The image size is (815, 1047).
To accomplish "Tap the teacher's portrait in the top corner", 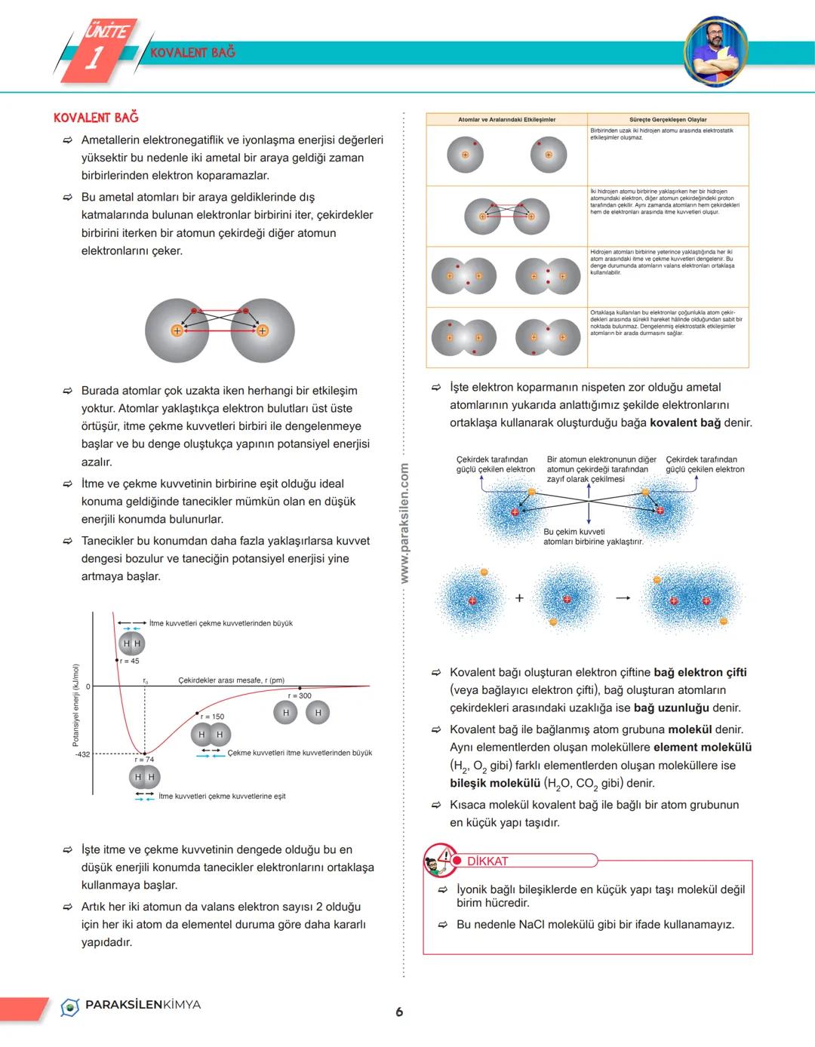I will point(715,50).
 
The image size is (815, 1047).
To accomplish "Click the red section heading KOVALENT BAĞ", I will point(96,118).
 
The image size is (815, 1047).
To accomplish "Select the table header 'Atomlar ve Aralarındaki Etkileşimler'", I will point(506,119).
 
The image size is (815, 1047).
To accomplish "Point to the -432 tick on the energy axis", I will point(81,754).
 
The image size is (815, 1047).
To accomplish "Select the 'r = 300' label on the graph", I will point(300,695).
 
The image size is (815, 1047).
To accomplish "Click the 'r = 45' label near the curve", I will point(129,661).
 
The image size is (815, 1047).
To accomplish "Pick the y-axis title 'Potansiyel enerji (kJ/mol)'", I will point(75,705).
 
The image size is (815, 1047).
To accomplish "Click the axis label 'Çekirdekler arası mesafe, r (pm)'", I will point(231,680).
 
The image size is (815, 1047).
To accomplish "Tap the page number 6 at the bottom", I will point(399,1012).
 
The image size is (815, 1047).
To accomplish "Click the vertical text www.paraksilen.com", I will point(404,523).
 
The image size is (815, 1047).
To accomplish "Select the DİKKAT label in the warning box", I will point(487,861).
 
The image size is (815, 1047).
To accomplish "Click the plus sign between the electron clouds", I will point(519,598).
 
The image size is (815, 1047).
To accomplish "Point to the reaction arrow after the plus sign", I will point(622,598).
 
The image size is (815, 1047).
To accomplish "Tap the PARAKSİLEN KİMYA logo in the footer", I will point(131,1006).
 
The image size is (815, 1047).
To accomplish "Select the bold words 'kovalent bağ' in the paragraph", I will point(685,422).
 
